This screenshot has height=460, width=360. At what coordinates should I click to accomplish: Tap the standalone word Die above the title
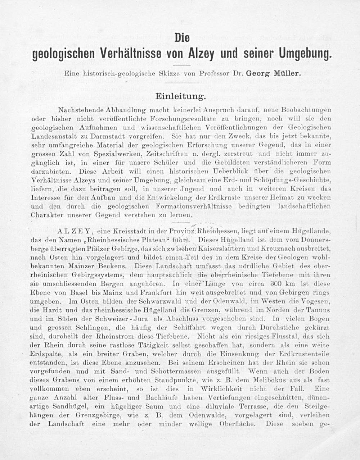182,37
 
